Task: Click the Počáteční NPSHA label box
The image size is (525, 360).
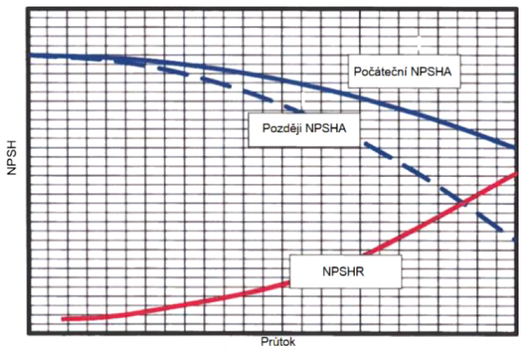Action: pyautogui.click(x=403, y=72)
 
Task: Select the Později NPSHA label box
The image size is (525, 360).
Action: pyautogui.click(x=303, y=127)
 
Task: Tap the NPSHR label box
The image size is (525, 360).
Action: pyautogui.click(x=346, y=271)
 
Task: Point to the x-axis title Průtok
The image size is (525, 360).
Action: pyautogui.click(x=278, y=341)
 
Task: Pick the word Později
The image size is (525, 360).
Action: pyautogui.click(x=281, y=127)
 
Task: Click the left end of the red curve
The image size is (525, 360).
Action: pyautogui.click(x=63, y=317)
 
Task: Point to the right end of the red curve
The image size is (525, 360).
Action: pyautogui.click(x=515, y=173)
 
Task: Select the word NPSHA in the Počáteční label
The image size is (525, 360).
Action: pyautogui.click(x=433, y=72)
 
